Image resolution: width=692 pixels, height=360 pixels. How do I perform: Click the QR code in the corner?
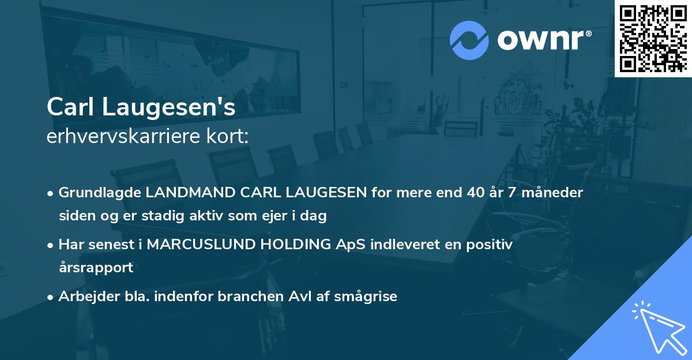point(653,38)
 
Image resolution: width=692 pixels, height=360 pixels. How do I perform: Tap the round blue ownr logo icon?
point(469,40)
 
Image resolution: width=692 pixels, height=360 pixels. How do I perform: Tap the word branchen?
point(253,297)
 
